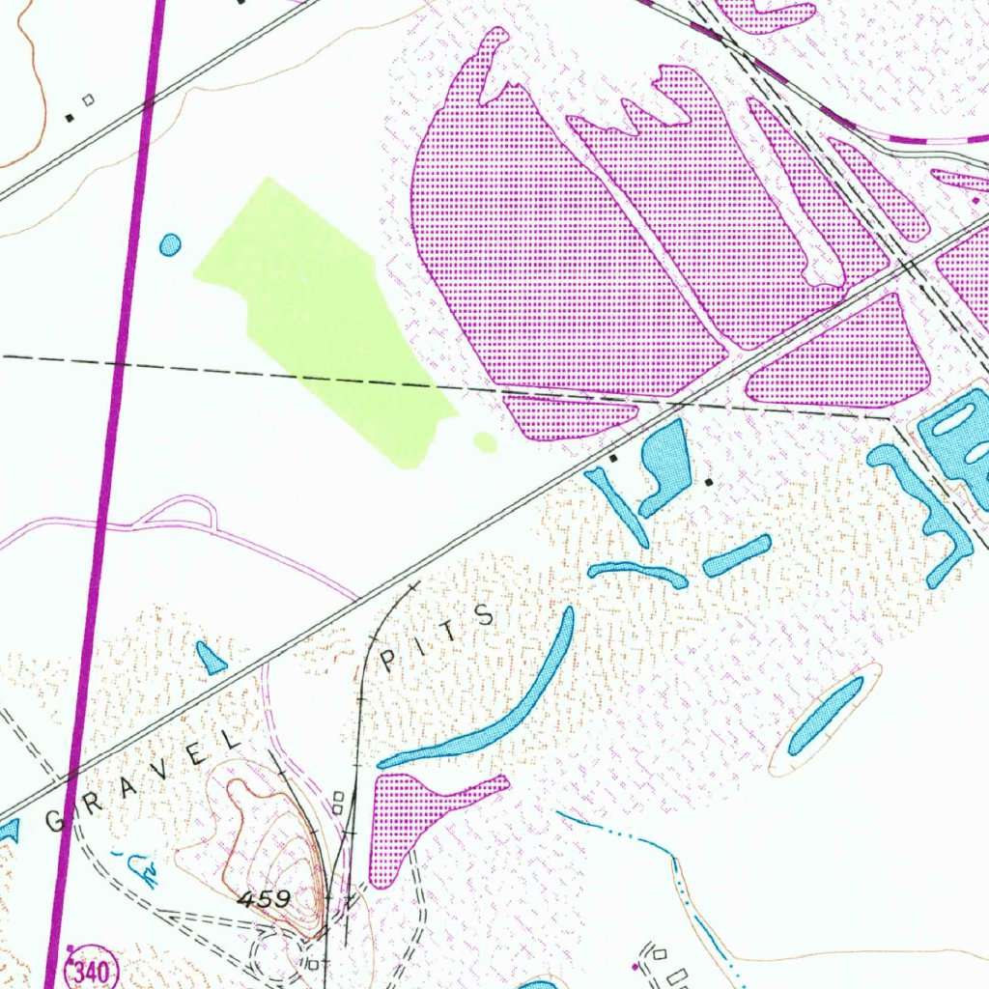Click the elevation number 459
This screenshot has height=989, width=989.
264,899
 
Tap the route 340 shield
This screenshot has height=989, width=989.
90,968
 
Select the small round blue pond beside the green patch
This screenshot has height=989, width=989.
170,244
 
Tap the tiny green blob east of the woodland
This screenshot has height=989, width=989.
485,442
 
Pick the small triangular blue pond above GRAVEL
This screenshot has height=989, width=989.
210,659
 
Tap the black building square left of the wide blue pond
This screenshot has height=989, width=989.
612,458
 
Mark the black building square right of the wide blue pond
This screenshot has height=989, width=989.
709,481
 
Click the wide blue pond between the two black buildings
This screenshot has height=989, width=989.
666,464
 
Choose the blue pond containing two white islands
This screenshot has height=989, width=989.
956,435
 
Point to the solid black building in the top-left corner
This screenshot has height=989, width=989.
69,118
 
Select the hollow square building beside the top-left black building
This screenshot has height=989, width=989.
89,99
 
